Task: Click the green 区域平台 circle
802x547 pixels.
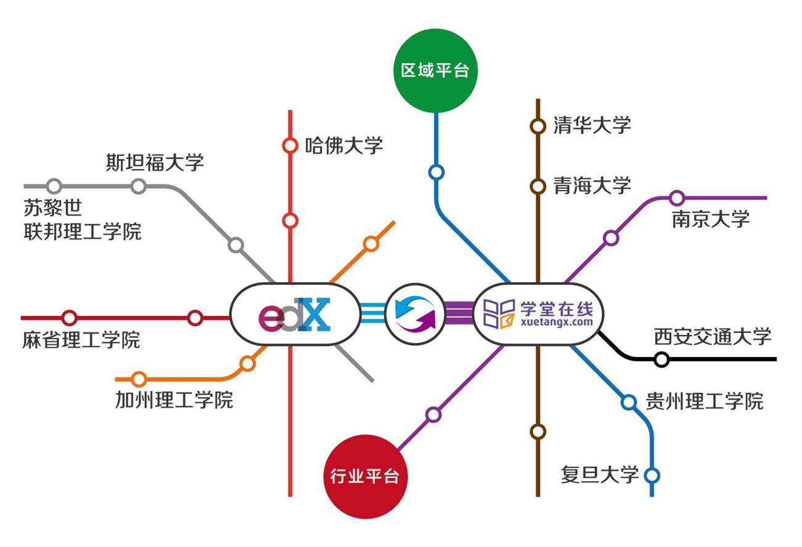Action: (x=435, y=70)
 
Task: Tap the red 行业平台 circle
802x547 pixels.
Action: (x=365, y=476)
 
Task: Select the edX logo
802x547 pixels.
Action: (x=295, y=314)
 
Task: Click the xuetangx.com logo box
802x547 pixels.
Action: (x=538, y=314)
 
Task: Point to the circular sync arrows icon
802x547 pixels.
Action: (x=415, y=314)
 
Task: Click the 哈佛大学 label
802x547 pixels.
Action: (x=344, y=146)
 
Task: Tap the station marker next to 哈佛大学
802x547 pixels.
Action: (x=290, y=146)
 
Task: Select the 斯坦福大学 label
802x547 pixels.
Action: (x=154, y=163)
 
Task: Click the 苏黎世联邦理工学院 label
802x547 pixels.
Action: (x=83, y=220)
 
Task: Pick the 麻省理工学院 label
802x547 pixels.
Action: (x=81, y=340)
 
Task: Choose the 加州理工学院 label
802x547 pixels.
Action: (x=174, y=400)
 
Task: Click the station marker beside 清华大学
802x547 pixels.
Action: (x=538, y=126)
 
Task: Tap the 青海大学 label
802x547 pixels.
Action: (x=592, y=185)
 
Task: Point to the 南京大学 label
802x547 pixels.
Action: (x=711, y=219)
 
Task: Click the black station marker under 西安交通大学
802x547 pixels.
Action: (x=661, y=359)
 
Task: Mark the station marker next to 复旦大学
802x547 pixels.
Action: (x=652, y=475)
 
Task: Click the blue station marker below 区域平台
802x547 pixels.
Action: (x=436, y=172)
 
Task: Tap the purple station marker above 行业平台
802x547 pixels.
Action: (x=433, y=414)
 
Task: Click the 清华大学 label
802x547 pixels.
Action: (x=592, y=125)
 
